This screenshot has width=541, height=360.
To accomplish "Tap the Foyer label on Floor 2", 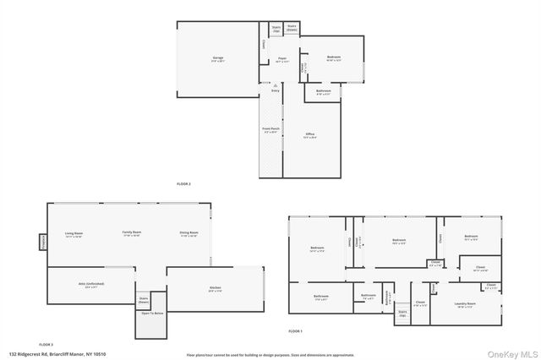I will coord(282,59).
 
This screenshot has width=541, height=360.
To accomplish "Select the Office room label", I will coord(309,135).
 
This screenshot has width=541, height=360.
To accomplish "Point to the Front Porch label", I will coord(270,130).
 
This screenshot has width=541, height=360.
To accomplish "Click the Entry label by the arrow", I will coord(276,90).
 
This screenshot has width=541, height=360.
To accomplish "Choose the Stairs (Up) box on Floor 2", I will coord(276,28).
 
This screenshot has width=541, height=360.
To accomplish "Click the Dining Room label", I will coord(189,234).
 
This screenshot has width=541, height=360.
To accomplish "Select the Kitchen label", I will coord(215,289).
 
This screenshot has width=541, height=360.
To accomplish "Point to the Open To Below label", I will coord(152,314).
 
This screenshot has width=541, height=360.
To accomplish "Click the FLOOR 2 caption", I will coord(183,183).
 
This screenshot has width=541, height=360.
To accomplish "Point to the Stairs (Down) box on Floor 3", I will coord(144,299).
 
